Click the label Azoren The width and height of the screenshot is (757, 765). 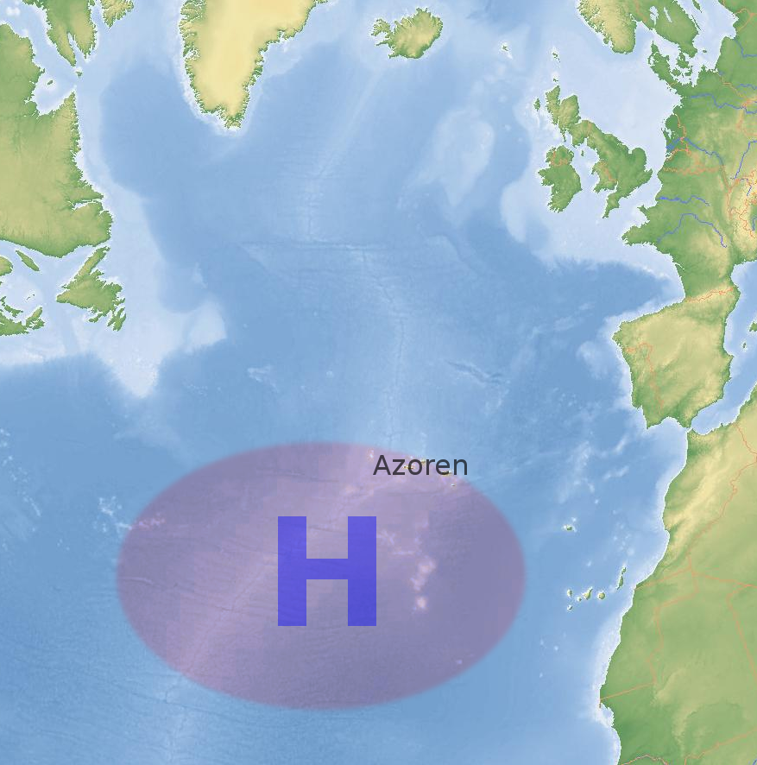tap(420, 466)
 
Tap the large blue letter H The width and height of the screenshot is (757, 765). tap(327, 571)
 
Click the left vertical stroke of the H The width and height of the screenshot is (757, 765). tap(293, 571)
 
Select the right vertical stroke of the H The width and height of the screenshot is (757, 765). tap(362, 571)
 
